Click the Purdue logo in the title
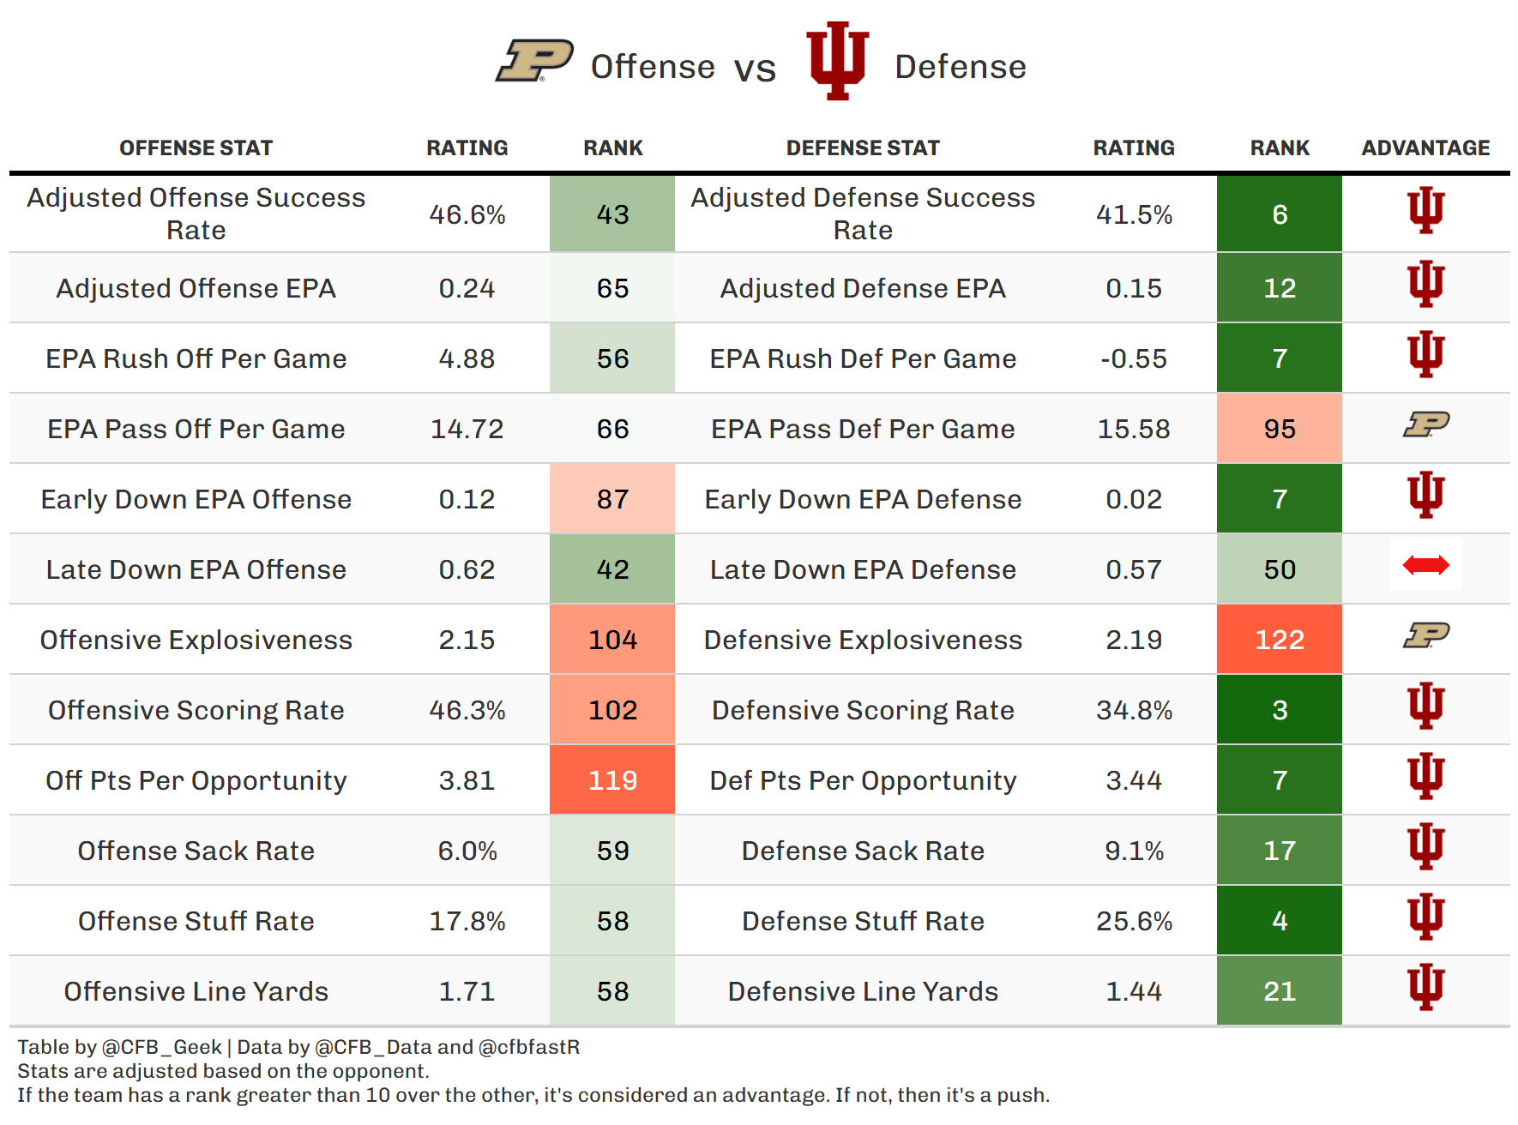click(x=534, y=61)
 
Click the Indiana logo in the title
click(x=838, y=61)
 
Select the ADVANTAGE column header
click(x=1425, y=148)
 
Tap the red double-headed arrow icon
click(x=1425, y=565)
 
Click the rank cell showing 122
click(x=1279, y=640)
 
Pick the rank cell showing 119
click(x=612, y=780)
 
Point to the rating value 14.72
click(x=467, y=429)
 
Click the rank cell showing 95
click(x=1279, y=429)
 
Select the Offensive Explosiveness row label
click(x=196, y=640)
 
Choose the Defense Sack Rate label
click(x=863, y=851)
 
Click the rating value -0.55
click(x=1133, y=358)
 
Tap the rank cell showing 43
click(x=612, y=214)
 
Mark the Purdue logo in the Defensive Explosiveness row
click(x=1425, y=635)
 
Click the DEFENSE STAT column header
click(x=863, y=148)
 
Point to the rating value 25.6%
click(x=1133, y=921)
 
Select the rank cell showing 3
click(x=1279, y=710)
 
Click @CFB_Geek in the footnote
click(x=162, y=1047)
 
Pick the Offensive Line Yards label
click(x=196, y=991)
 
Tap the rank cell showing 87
click(x=612, y=499)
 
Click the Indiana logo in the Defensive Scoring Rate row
click(x=1425, y=706)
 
